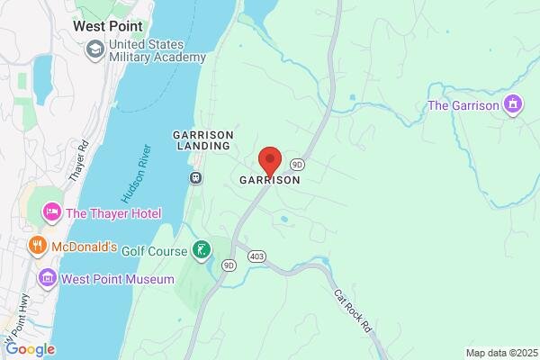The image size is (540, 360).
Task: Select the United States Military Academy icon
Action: pos(94,50)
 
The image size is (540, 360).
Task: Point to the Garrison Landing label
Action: pos(202,141)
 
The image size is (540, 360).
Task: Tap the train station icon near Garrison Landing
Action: pos(194,177)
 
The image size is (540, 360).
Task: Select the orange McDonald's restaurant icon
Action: pos(37,246)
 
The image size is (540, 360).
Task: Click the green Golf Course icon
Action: pos(204,249)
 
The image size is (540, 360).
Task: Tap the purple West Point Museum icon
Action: pos(47,279)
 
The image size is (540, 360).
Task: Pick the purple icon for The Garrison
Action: pos(513,105)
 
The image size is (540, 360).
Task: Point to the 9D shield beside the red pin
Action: pos(298,165)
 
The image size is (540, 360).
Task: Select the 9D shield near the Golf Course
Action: pos(229,265)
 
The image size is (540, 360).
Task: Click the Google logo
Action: pos(30,349)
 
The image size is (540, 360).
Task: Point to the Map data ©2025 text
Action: pos(500,353)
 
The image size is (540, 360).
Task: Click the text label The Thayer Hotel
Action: pos(112,213)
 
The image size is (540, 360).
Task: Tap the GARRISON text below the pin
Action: pos(269,180)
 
